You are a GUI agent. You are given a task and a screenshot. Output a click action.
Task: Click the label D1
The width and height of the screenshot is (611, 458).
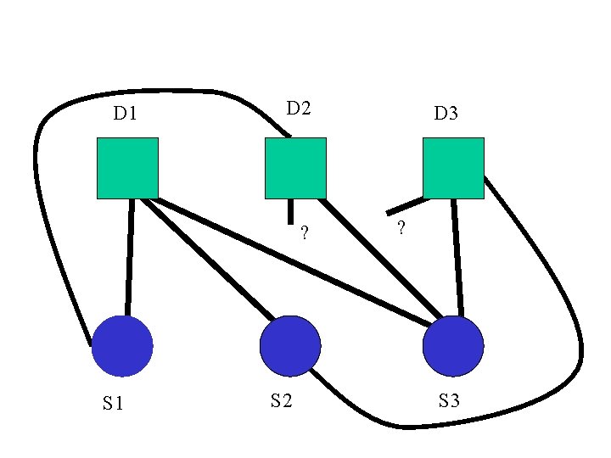tap(126, 113)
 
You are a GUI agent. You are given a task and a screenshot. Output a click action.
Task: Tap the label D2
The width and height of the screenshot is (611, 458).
tap(299, 108)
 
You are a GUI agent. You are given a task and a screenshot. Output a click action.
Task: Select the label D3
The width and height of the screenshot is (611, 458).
tap(446, 113)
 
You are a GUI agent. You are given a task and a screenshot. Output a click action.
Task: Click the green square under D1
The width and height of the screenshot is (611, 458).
tap(127, 167)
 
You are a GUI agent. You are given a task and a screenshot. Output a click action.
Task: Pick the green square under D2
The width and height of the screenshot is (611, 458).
tap(295, 167)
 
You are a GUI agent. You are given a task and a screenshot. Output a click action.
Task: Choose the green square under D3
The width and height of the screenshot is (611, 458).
tap(453, 167)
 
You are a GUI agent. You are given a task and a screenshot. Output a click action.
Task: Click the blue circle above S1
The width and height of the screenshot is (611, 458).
tap(122, 346)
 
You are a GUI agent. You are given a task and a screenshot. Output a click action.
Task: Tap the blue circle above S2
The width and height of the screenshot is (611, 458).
tap(290, 346)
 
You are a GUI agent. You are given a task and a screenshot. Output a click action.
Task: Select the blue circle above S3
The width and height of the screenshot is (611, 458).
tap(453, 346)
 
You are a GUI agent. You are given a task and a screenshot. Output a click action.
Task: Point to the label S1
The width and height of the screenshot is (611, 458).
tap(114, 404)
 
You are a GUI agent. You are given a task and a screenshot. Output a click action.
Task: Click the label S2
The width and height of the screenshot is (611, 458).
tap(282, 400)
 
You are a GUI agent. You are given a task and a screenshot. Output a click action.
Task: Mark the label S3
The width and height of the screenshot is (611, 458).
tap(450, 400)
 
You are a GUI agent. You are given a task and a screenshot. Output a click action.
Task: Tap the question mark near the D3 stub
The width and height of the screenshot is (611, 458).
tap(400, 228)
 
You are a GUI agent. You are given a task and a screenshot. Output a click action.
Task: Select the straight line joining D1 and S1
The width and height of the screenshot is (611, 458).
tap(130, 254)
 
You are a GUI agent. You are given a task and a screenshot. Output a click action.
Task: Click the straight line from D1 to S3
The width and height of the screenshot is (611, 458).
tap(289, 261)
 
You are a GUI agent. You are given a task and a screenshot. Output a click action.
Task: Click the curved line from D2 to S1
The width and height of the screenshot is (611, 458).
tap(38, 170)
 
